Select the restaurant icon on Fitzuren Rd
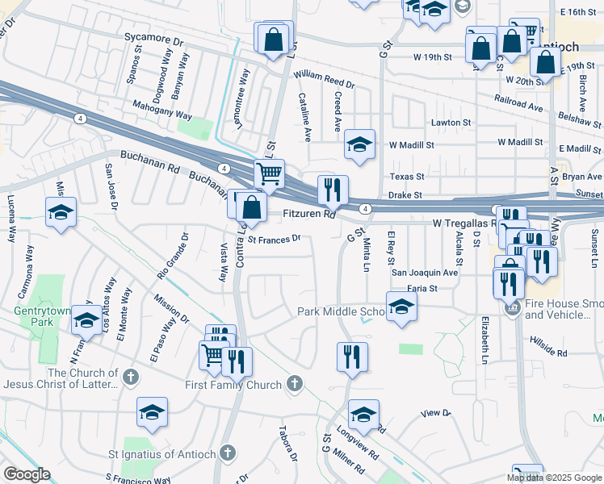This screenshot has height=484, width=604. pos(333,190)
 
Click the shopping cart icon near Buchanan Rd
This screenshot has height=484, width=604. pos(269,173)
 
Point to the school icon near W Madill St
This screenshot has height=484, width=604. pos(359,145)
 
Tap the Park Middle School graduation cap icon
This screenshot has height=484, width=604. pos(401,307)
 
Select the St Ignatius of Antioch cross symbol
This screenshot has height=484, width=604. pos(228,454)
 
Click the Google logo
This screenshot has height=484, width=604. pos(27,474)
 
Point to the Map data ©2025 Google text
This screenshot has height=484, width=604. pos(554,478)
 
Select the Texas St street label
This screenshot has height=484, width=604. pos(407,177)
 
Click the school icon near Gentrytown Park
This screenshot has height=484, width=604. pos(86,321)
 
